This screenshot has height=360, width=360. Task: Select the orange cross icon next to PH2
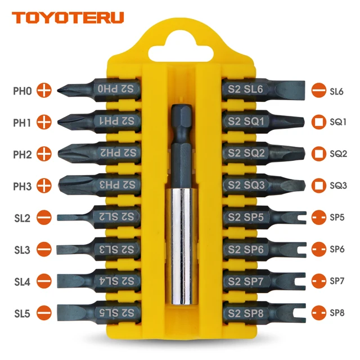[x=44, y=152]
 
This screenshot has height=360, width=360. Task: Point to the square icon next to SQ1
[x=318, y=121]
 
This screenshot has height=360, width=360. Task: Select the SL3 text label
[x=23, y=248]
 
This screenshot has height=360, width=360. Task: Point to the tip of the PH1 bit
[x=61, y=121]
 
